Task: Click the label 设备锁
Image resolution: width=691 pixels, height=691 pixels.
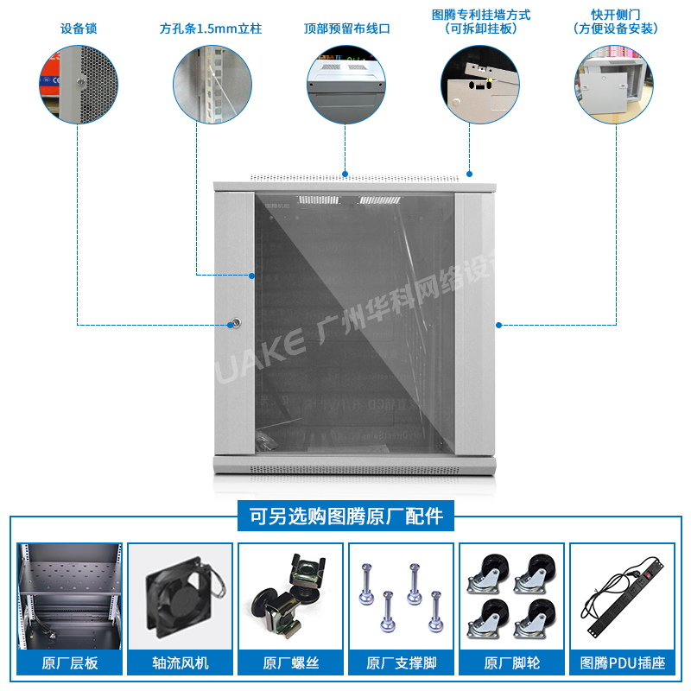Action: pos(79,29)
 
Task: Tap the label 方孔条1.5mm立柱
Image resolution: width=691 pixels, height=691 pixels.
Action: pos(211,29)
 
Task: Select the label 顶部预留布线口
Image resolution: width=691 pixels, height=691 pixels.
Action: pos(346,29)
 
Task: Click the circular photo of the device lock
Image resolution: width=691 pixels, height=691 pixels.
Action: pos(79,85)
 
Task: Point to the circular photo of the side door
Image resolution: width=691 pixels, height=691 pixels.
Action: pos(615,85)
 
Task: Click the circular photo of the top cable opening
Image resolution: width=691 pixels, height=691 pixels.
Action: pos(346,85)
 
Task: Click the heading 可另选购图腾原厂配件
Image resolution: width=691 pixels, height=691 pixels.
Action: pos(345,517)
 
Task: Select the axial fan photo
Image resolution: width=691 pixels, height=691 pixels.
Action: pos(181,594)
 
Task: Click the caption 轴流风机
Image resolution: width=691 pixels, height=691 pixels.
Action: pos(181,663)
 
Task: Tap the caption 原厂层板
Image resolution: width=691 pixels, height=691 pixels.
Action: pos(70,663)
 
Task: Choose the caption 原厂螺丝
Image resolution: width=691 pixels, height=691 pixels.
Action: pos(291,663)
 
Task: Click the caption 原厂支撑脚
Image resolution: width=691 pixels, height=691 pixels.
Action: pos(401,663)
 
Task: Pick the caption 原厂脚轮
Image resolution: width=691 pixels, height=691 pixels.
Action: pos(511,663)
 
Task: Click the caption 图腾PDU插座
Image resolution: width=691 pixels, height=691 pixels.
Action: pos(622,663)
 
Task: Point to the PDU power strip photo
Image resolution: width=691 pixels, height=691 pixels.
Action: pos(622,596)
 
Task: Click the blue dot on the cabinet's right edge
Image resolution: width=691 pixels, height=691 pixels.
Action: pos(498,325)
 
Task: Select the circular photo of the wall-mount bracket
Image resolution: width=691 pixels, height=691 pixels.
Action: pos(480,85)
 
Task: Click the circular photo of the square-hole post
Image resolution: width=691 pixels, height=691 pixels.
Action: pos(212,85)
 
